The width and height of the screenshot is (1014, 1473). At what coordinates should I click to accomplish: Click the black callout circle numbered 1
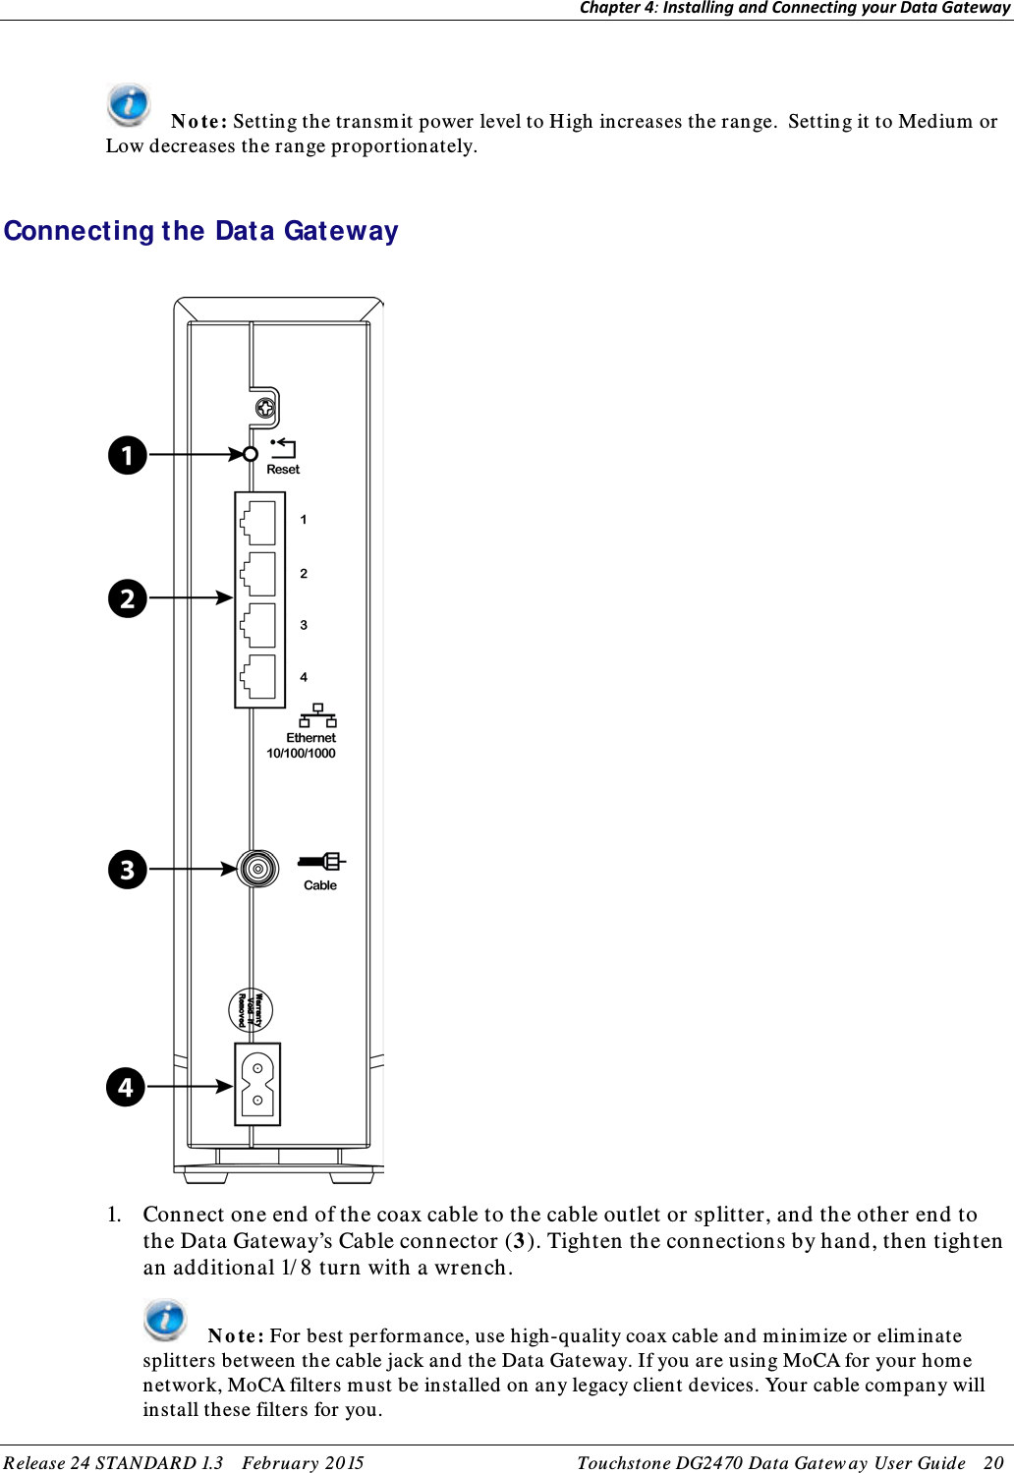click(x=128, y=455)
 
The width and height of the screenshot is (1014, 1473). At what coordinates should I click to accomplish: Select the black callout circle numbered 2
click(x=128, y=598)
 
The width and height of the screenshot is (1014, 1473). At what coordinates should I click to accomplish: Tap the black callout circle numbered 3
click(x=128, y=870)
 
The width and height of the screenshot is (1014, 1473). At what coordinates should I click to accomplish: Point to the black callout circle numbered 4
click(x=126, y=1088)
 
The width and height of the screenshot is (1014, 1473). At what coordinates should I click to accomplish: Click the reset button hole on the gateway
click(x=251, y=454)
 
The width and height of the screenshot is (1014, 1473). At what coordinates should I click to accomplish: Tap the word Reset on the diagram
click(x=283, y=470)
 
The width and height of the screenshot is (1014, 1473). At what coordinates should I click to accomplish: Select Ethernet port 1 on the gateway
click(x=258, y=522)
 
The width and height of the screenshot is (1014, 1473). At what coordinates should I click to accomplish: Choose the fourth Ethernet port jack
click(x=258, y=676)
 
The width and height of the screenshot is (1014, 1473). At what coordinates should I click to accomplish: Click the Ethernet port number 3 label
click(x=304, y=625)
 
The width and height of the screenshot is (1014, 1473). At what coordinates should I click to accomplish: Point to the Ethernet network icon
click(x=317, y=715)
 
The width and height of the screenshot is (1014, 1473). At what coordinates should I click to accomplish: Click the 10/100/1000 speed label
click(x=301, y=754)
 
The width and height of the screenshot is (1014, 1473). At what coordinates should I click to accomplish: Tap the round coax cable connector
click(x=258, y=869)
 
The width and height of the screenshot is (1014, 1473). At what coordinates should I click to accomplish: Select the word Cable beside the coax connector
click(x=320, y=885)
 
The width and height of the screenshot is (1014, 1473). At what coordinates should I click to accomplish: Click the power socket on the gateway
click(x=257, y=1084)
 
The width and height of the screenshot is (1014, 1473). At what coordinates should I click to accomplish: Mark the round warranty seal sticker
click(x=251, y=1010)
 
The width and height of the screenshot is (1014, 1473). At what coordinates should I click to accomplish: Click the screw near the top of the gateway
click(x=265, y=408)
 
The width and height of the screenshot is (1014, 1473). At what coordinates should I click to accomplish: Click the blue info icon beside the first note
click(x=129, y=103)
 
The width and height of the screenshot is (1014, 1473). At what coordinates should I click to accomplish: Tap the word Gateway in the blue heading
click(x=341, y=231)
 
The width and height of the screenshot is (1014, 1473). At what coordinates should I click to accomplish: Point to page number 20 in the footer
click(x=993, y=1463)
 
